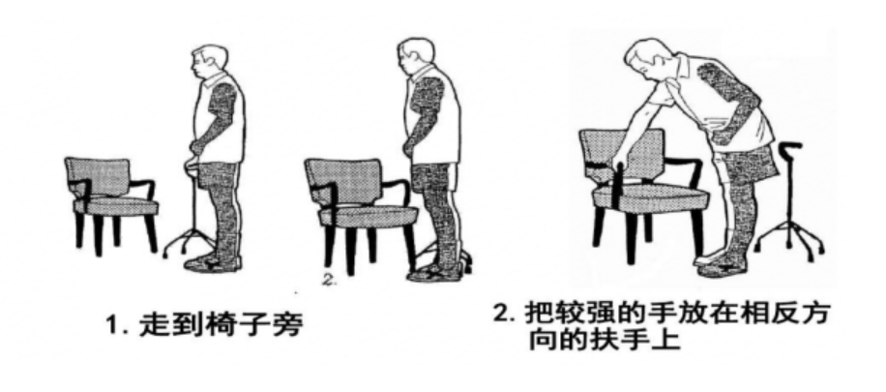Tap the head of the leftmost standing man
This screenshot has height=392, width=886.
[x=209, y=62]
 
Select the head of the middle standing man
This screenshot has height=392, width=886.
[x=417, y=55]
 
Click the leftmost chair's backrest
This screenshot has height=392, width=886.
[x=98, y=176]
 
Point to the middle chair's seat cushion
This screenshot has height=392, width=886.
[x=369, y=216]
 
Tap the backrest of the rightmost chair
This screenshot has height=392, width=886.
[x=622, y=155]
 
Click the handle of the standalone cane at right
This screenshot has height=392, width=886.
[x=789, y=146]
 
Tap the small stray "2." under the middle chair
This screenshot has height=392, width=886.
[x=329, y=280]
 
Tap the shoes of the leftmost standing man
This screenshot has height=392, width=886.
[x=213, y=263]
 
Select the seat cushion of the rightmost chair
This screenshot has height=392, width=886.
[x=650, y=196]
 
